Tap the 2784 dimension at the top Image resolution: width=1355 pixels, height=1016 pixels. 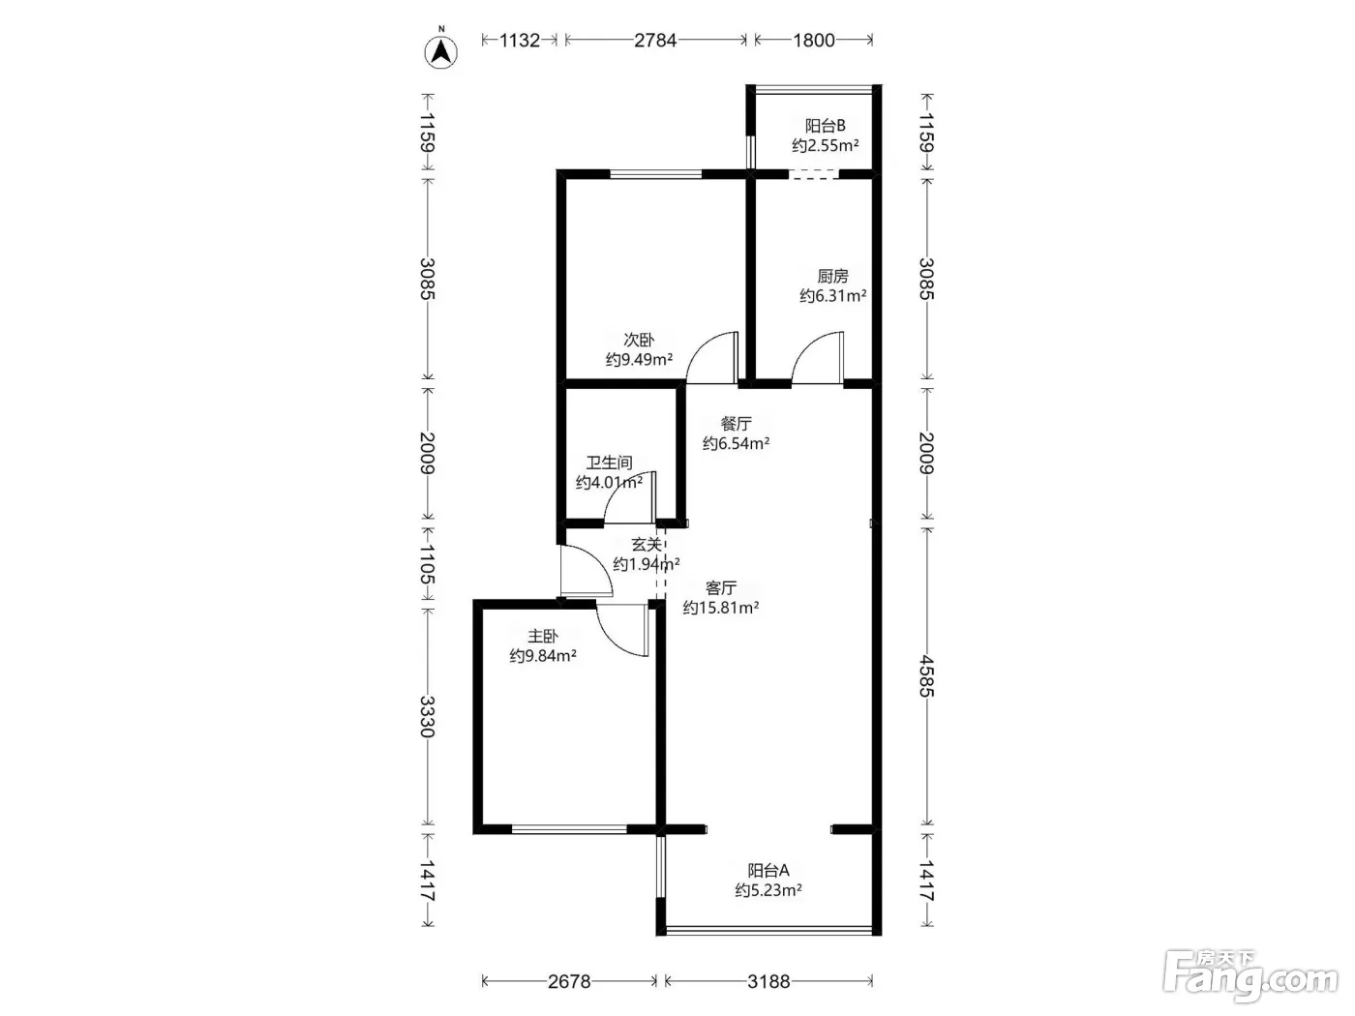(655, 40)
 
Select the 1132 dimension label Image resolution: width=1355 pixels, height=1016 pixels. (519, 40)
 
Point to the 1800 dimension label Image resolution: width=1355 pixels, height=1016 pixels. (814, 40)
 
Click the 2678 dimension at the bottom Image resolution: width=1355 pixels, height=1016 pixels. (568, 981)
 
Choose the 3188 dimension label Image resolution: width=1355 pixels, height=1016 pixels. (768, 981)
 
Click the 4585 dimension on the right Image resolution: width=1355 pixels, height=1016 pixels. (926, 676)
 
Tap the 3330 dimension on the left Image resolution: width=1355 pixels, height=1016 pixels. (427, 717)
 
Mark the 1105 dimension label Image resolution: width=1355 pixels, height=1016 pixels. (427, 564)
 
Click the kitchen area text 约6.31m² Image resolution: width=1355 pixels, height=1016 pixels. (832, 295)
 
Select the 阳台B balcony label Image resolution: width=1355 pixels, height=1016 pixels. (825, 126)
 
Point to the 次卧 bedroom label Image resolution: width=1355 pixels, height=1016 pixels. (638, 340)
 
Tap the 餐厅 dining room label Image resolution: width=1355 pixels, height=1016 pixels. (736, 424)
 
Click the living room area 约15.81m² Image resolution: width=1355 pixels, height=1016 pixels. (720, 608)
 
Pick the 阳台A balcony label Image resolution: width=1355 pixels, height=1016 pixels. (768, 871)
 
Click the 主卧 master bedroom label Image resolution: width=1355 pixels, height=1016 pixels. (543, 636)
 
